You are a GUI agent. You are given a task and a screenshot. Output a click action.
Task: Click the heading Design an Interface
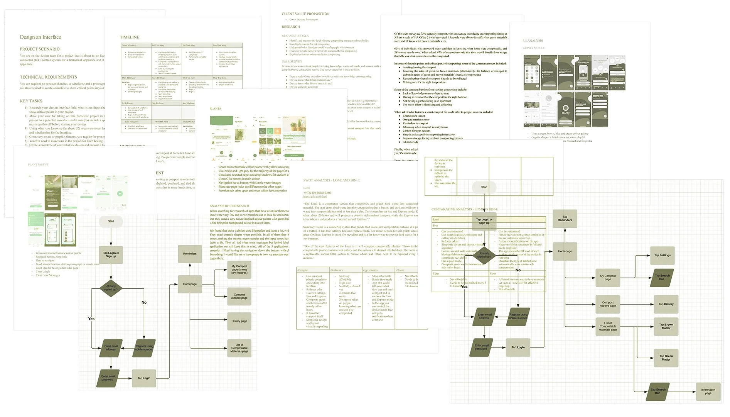point(40,37)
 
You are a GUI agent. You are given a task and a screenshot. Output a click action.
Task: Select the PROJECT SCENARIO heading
point(40,49)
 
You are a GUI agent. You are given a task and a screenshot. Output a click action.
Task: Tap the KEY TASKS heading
point(31,101)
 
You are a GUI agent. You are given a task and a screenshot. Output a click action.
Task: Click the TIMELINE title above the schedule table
point(130,37)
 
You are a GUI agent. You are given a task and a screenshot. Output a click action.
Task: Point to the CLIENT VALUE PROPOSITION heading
point(305,14)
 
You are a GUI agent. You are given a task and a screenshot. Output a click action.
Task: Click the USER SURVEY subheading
point(292,61)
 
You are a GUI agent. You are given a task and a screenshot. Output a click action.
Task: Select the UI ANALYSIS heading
point(533,41)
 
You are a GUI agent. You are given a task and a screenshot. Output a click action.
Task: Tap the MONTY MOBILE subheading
point(534,48)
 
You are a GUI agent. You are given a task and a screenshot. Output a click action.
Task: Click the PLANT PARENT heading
point(38,164)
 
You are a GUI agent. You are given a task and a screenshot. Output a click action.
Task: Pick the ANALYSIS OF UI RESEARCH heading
point(229,206)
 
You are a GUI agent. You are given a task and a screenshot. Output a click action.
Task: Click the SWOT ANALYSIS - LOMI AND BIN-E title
point(331,180)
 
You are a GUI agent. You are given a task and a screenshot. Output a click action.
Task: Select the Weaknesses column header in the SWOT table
point(336,270)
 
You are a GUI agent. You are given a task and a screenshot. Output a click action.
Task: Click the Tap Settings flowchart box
point(662,255)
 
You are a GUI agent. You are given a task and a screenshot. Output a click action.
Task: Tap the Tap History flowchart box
point(666,304)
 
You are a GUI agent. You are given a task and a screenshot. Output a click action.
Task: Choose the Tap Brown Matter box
point(666,326)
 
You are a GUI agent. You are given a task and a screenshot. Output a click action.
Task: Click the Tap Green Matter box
point(666,358)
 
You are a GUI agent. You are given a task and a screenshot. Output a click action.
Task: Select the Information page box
point(708,392)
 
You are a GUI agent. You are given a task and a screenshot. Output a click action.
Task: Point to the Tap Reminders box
point(565,219)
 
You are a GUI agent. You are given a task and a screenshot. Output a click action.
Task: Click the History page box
point(239,321)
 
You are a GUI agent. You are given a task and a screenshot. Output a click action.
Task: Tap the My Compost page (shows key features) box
point(239,270)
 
